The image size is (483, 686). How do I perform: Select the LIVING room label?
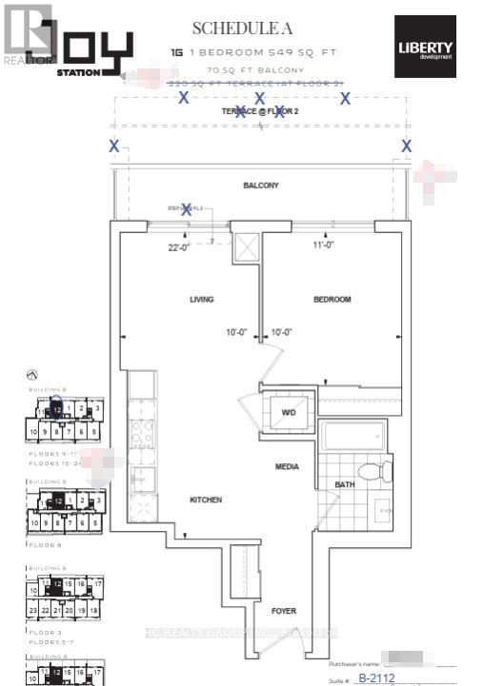[x=201, y=300]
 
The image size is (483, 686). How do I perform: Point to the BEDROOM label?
[x=332, y=300]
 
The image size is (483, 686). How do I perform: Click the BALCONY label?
[x=260, y=186]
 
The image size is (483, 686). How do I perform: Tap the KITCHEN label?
[x=205, y=500]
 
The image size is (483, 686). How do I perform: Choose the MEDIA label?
[x=287, y=467]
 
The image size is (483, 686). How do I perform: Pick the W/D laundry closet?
[x=290, y=414]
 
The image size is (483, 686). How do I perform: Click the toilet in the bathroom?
[x=368, y=471]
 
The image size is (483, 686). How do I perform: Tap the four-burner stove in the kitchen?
[x=142, y=434]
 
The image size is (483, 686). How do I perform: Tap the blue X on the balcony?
[x=187, y=209]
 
